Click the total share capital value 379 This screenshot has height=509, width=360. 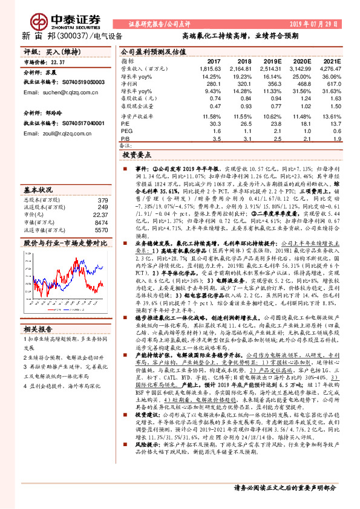point(103,199)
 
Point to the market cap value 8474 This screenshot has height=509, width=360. point(101,222)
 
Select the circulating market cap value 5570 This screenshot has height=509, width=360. point(101,230)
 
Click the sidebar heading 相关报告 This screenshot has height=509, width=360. point(39,329)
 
